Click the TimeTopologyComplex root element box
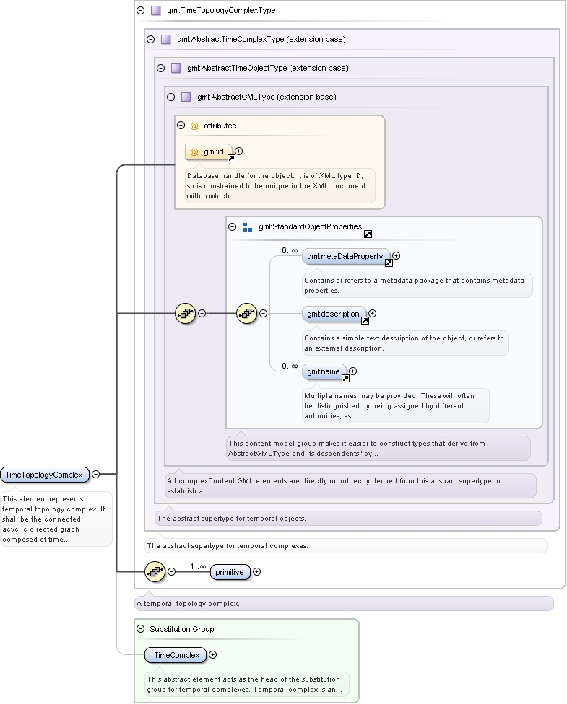point(45,475)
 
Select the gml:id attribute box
point(209,151)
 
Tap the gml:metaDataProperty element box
point(345,256)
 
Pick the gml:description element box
point(333,314)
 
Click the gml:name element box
point(324,371)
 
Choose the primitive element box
point(230,572)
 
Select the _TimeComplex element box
point(176,655)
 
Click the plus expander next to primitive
point(256,571)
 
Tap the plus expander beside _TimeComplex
point(212,655)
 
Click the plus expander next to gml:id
point(239,151)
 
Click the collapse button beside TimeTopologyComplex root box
point(96,474)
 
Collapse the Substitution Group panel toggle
point(141,629)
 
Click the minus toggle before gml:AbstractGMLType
point(171,97)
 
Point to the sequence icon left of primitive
point(155,571)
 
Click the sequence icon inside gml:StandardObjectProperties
point(247,313)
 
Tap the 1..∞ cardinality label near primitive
point(198,566)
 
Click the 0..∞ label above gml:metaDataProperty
point(290,250)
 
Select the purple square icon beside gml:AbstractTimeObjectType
point(176,68)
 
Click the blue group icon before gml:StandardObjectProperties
point(247,227)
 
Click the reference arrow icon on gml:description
point(365,320)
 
